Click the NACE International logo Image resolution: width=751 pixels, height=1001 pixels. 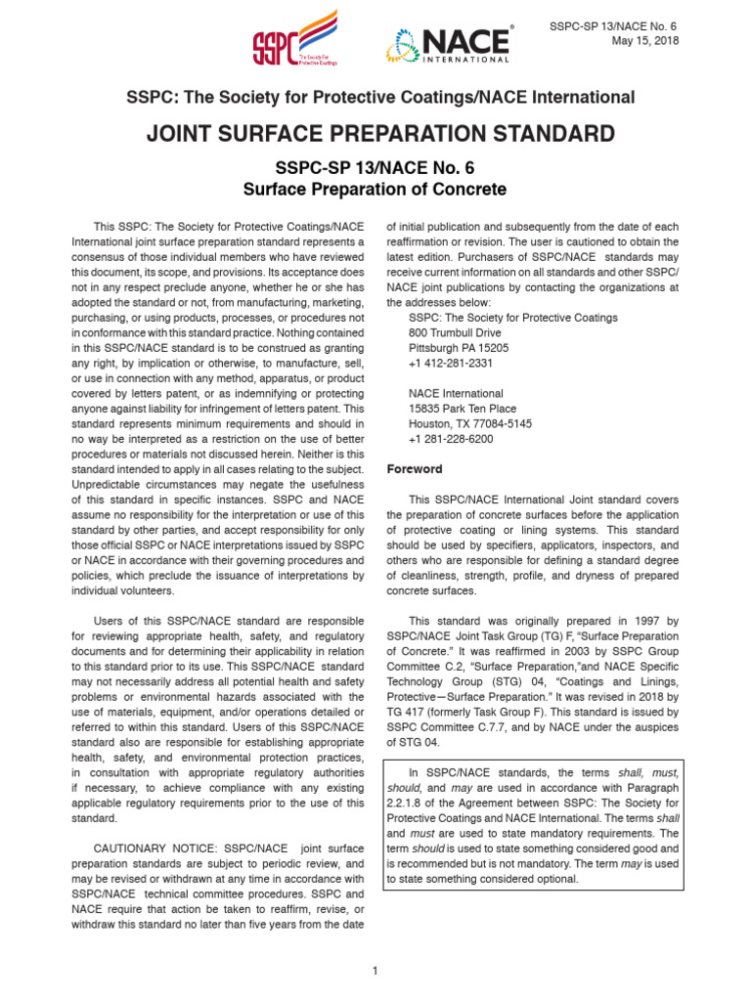[x=449, y=44]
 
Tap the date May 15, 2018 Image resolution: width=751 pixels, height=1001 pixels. [x=644, y=40]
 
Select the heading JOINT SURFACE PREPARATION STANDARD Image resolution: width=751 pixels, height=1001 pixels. [x=381, y=134]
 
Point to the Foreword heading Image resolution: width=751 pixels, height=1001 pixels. [x=415, y=469]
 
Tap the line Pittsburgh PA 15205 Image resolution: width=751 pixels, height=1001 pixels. [x=458, y=348]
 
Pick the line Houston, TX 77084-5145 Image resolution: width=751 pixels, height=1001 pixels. [x=469, y=424]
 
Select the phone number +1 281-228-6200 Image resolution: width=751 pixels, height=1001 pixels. [x=451, y=439]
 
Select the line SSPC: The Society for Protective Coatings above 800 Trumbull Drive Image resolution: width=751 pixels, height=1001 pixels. [x=512, y=318]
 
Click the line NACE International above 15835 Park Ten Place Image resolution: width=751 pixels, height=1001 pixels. [x=456, y=394]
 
